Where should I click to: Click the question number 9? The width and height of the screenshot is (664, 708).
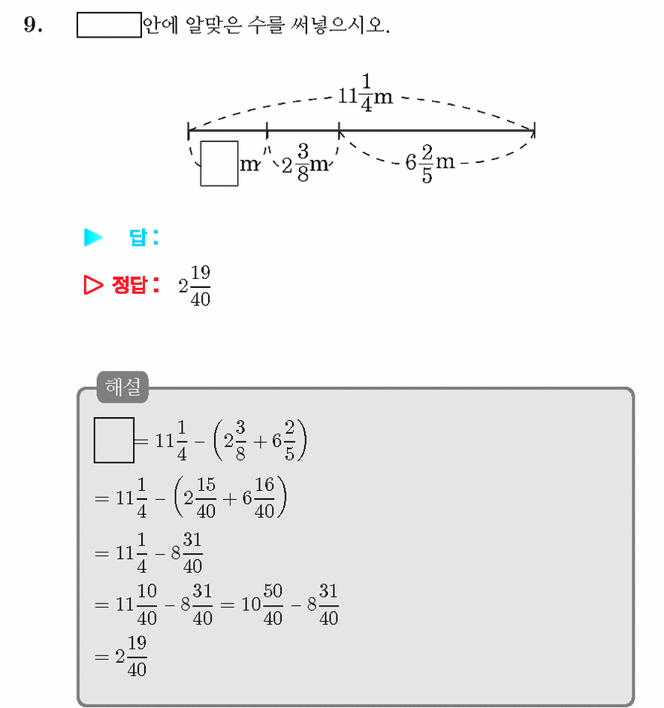tap(32, 24)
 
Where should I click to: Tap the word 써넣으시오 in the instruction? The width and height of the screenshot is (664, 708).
tap(340, 25)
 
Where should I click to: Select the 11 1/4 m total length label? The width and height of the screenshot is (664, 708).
tap(365, 93)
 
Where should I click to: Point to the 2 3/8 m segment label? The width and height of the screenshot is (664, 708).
tap(305, 162)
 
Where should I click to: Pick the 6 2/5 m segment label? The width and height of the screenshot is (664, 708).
tap(430, 163)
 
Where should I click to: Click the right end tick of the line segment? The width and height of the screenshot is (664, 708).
tap(534, 130)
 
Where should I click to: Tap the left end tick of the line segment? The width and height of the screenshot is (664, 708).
tap(189, 131)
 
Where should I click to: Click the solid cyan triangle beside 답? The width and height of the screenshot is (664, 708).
tap(93, 238)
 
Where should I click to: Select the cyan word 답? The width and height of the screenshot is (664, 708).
tap(138, 238)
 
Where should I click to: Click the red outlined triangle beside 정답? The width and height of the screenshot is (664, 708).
tap(93, 285)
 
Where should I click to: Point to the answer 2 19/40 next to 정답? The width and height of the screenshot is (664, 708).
tap(195, 286)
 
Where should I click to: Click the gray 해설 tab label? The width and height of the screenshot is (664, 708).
tap(122, 387)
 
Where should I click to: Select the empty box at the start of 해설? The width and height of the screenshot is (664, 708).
tap(114, 440)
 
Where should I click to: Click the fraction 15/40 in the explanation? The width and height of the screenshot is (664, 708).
tap(206, 498)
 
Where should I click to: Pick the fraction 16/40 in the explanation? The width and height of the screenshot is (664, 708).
tap(264, 498)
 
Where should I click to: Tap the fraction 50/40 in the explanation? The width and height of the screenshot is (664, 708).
tap(273, 604)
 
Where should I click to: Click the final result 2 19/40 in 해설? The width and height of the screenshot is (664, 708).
tap(131, 656)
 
